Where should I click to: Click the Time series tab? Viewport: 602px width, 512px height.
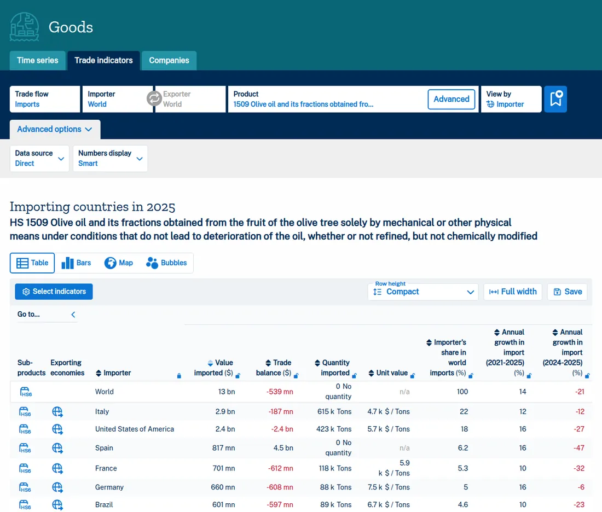point(38,60)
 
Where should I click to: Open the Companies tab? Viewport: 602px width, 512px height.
point(169,60)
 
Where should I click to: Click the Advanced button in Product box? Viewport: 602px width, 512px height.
point(451,99)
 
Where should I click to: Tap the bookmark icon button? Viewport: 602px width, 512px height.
point(555,99)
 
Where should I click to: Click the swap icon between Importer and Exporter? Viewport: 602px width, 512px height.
point(154,98)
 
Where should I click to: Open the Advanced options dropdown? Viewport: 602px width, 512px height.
point(55,129)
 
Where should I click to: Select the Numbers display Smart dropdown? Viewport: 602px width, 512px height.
point(110,158)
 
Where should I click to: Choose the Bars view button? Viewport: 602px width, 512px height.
point(77,263)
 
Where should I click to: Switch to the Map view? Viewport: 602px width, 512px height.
point(119,263)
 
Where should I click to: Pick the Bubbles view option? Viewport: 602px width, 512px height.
point(166,263)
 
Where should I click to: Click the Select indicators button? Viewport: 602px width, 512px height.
point(54,292)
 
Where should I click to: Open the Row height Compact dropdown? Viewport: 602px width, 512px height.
point(423,292)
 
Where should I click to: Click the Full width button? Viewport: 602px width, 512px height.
point(513,292)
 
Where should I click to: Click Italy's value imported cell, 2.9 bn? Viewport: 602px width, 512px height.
point(225,411)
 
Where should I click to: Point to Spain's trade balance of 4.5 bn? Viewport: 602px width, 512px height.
point(283,448)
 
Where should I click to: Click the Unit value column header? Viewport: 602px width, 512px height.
point(392,373)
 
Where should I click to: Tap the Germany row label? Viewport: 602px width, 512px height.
point(109,487)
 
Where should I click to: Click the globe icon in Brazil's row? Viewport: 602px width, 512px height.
point(57,504)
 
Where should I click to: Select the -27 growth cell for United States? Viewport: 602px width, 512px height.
point(579,429)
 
